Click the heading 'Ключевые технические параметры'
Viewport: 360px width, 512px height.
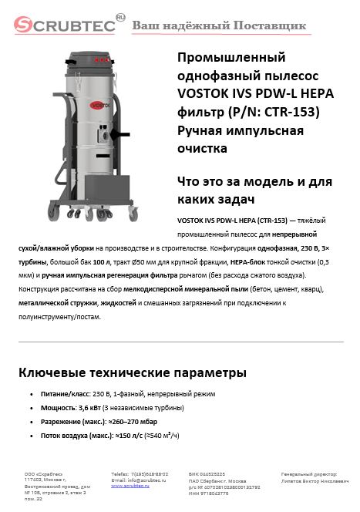pos(132,373)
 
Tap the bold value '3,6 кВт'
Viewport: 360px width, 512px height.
pos(93,407)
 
